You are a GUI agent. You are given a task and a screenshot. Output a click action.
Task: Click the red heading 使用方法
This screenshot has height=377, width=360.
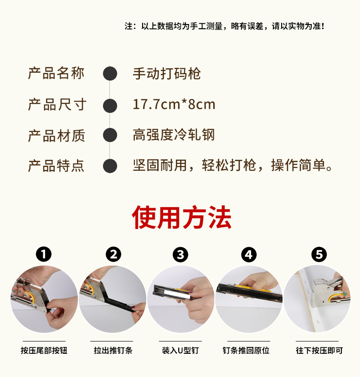[x=182, y=218]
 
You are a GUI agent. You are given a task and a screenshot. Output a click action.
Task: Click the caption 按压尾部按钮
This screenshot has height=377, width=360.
[x=44, y=351]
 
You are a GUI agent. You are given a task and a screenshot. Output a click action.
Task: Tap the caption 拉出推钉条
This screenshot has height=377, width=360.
[x=113, y=351]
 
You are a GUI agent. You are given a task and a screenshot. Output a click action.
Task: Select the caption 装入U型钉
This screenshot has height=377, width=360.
[x=180, y=351]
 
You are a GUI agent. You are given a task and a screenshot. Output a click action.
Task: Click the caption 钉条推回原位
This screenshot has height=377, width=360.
[x=249, y=351]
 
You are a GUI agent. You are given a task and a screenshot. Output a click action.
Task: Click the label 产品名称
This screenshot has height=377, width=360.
[x=57, y=73]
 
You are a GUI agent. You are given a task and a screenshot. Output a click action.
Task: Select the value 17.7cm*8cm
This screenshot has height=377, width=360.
[x=174, y=105]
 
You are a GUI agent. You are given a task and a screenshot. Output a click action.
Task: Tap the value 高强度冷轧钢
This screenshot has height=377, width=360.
[x=174, y=135]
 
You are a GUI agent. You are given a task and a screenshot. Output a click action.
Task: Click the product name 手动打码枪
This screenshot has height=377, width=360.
[x=167, y=74]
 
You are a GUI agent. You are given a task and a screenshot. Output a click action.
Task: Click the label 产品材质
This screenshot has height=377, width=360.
[x=57, y=135]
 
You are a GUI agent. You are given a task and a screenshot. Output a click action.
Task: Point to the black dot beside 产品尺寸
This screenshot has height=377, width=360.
[x=110, y=105]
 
